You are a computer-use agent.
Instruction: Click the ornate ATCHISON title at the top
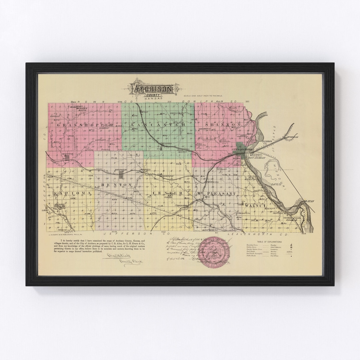click(153, 89)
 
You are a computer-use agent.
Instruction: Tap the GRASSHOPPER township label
click(85, 125)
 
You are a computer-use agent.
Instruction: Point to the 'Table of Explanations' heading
click(269, 242)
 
